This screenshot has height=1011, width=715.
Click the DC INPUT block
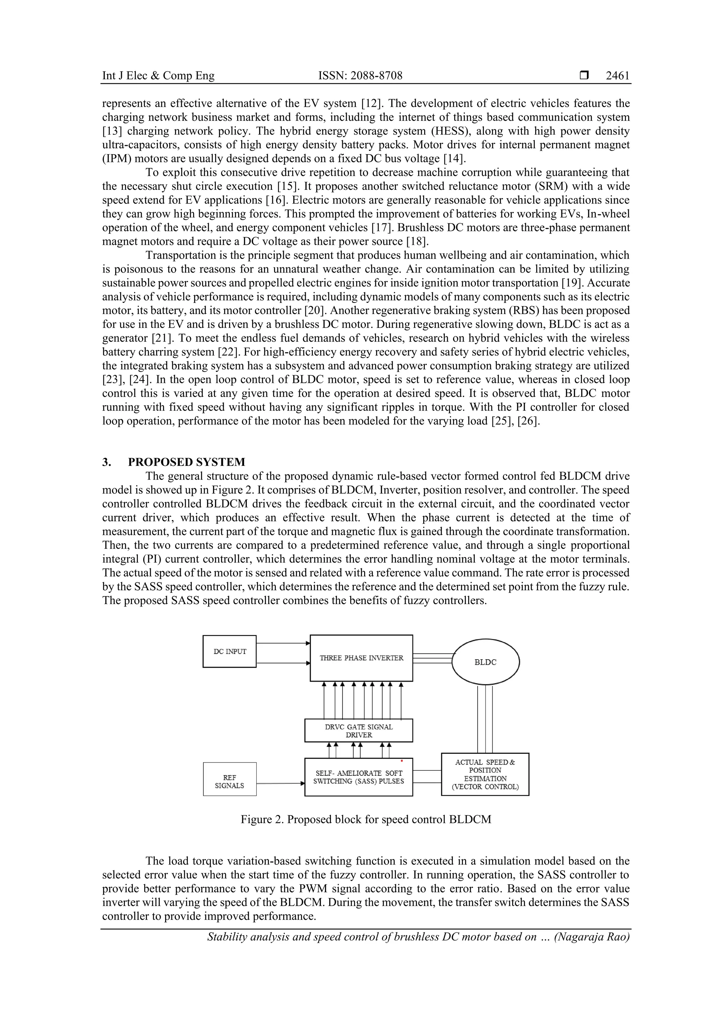(229, 651)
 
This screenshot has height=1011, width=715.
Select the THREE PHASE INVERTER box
(361, 658)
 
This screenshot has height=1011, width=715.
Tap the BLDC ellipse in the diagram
(486, 662)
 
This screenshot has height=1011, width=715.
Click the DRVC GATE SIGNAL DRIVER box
(359, 730)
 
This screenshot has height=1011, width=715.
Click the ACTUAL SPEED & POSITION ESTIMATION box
(485, 774)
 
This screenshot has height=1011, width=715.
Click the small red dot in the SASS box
(402, 760)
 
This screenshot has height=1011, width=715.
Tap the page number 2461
(617, 76)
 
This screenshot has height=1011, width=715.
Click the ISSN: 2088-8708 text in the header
(360, 76)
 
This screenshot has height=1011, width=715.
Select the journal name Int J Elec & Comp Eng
(158, 76)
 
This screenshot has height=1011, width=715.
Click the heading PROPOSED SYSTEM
(186, 462)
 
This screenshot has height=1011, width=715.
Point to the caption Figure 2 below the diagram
(365, 819)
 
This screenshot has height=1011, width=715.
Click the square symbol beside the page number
(584, 76)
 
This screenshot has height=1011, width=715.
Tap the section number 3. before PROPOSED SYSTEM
(106, 462)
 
